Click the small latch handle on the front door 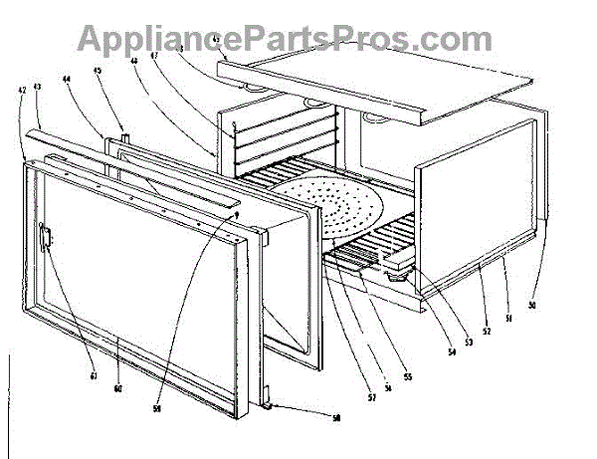(x=45, y=238)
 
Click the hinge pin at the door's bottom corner (x=270, y=405)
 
